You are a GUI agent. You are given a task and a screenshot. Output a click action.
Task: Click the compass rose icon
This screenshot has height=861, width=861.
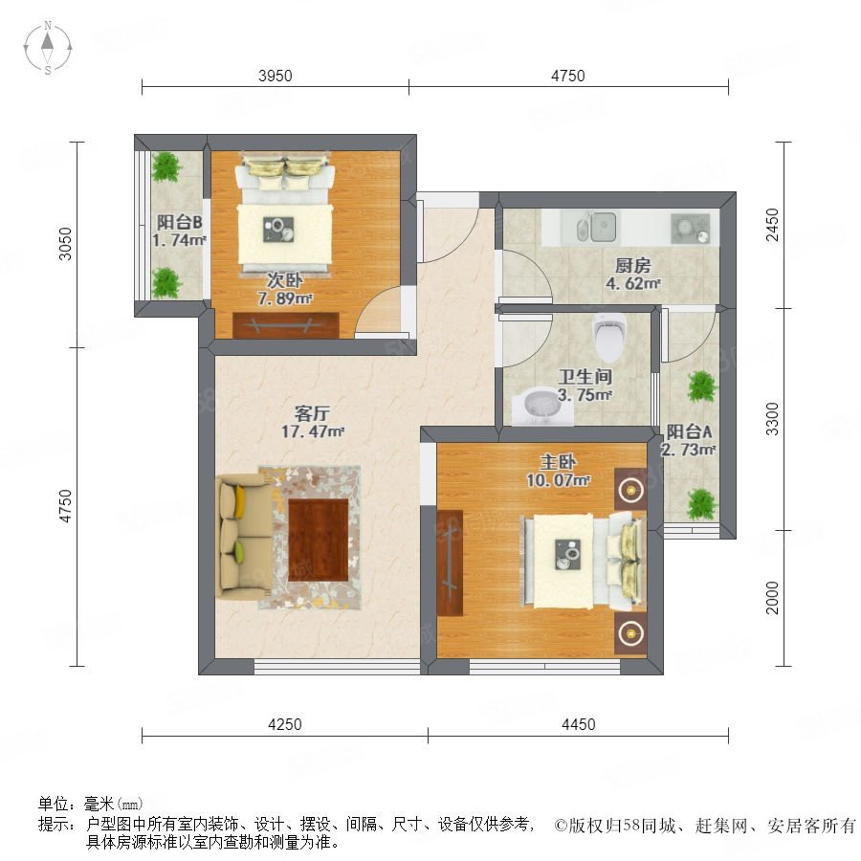tap(48, 48)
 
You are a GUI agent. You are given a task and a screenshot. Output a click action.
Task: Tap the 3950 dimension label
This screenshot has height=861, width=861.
tap(276, 76)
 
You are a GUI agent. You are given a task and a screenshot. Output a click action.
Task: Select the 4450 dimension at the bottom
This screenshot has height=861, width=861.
tap(578, 724)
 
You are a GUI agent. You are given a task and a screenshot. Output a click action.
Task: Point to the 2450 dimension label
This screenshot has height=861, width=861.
tap(772, 224)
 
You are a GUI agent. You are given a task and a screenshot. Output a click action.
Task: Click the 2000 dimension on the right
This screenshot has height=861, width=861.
tap(772, 597)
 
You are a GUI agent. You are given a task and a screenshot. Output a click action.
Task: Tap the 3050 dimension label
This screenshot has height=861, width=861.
tap(65, 243)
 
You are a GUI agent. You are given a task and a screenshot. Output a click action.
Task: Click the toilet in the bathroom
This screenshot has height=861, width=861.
tap(609, 335)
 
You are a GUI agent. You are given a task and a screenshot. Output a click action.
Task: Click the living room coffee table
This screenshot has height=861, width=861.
tap(319, 540)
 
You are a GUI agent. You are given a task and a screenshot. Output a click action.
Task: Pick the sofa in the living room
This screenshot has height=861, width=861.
tap(246, 537)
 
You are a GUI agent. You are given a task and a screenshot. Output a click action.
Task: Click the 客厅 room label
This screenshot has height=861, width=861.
tap(312, 413)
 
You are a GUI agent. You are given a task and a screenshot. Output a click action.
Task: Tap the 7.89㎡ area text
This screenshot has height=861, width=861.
tap(285, 298)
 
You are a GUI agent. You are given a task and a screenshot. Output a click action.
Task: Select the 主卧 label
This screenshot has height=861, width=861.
tap(558, 461)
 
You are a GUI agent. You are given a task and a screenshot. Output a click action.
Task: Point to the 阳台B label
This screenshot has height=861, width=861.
tap(180, 222)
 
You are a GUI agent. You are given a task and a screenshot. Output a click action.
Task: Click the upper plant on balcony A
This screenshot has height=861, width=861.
tap(702, 386)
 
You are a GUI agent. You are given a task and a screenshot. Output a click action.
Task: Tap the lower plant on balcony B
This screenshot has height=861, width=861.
tap(166, 283)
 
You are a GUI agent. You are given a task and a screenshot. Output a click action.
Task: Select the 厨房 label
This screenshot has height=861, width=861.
tap(632, 266)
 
